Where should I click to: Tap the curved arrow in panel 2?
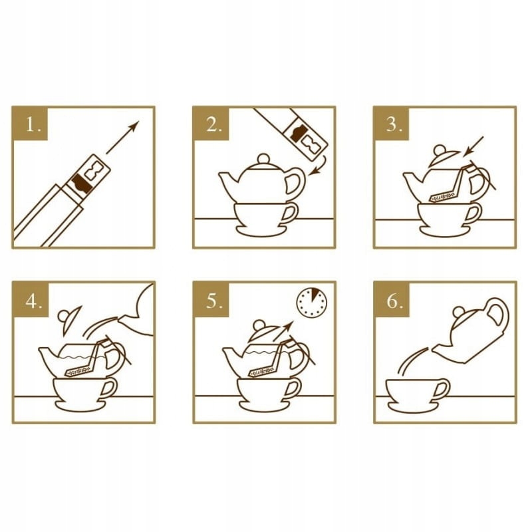coord(320,166)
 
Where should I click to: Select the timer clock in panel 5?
coord(312,302)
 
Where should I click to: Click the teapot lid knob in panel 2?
coord(263,159)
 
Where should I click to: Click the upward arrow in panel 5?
coord(283,331)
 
